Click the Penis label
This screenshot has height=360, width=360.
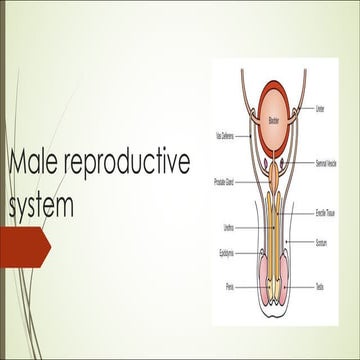(x=228, y=285)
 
